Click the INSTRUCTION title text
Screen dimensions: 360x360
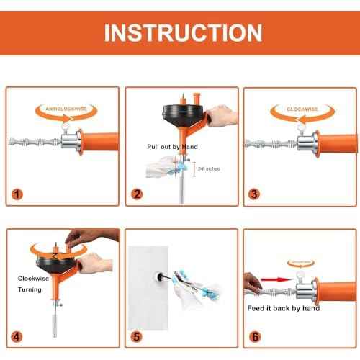(x=180, y=32)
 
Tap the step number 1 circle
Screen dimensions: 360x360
(x=17, y=194)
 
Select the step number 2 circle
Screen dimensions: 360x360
(x=135, y=194)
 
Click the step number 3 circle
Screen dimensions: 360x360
(x=254, y=194)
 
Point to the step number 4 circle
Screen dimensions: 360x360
(x=17, y=335)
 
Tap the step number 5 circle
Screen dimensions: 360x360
(x=135, y=335)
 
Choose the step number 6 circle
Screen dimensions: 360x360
(x=254, y=335)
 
